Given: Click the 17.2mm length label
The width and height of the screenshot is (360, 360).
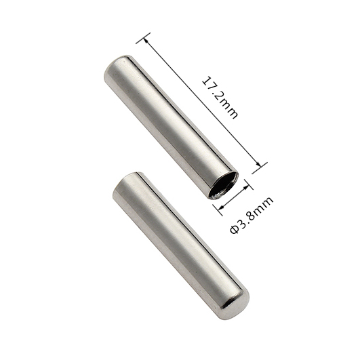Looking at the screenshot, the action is point(220,98).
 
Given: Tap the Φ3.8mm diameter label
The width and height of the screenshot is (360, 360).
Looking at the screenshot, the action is point(252,215).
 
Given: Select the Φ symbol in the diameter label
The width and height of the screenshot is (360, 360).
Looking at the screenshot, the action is point(235,230).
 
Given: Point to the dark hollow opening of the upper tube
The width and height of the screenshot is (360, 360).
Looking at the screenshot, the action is point(224,185).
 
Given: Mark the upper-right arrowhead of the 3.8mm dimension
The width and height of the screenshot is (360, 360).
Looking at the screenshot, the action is point(246,186).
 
